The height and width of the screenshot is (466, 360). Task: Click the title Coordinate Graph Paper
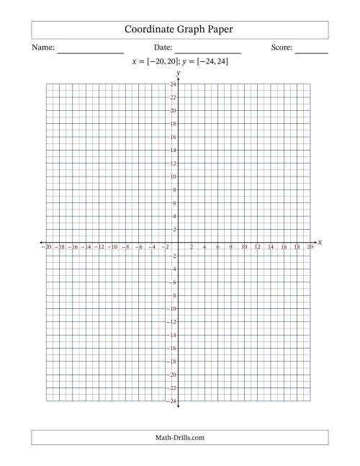179,30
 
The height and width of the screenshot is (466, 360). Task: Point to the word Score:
282,48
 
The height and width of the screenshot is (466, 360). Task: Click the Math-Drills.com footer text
179,437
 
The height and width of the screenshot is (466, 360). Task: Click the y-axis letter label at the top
178,73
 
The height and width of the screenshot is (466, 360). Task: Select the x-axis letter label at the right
320,242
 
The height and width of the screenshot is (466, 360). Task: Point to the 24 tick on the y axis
174,85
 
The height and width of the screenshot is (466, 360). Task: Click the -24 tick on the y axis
173,401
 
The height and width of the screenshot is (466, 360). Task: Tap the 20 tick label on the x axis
310,247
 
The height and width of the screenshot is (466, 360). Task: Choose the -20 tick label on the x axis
48,247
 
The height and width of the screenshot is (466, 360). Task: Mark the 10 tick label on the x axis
244,247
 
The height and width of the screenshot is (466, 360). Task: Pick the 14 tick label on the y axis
174,151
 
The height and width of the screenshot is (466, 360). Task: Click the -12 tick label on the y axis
173,322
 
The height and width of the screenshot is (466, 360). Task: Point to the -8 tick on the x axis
126,247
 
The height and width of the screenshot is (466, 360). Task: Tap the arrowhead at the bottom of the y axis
179,407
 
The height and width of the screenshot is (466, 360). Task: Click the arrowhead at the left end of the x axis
41,243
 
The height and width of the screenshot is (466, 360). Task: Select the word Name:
43,48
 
